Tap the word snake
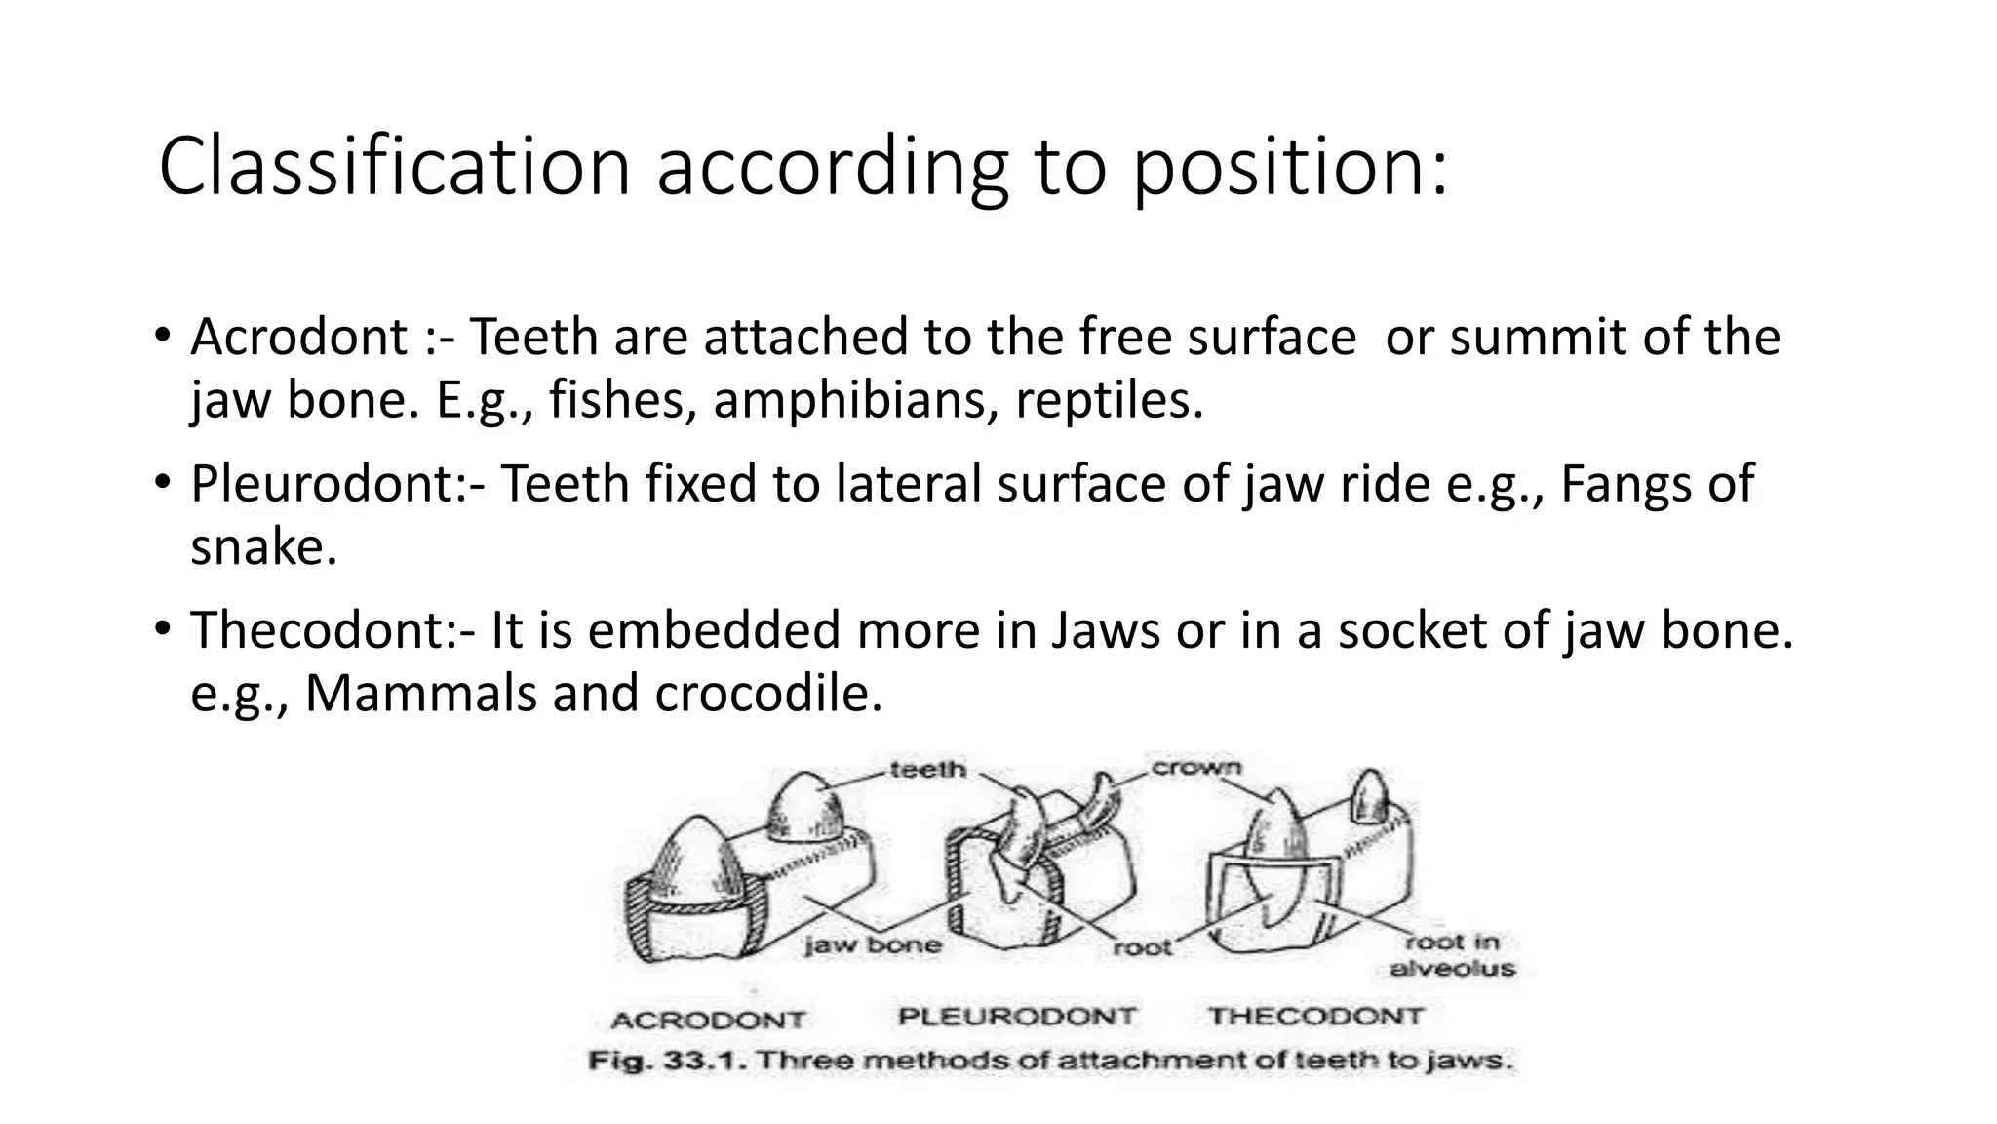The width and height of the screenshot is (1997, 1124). pos(262,546)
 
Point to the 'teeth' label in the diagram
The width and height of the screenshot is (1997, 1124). pos(927,770)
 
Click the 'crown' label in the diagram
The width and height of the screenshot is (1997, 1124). pos(1196,767)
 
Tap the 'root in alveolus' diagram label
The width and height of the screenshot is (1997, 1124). pos(1452,955)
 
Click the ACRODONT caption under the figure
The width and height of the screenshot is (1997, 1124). pos(708,1021)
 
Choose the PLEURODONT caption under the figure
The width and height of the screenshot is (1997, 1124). pos(1017,1017)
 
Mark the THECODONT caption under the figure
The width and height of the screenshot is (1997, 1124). pos(1316,1017)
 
